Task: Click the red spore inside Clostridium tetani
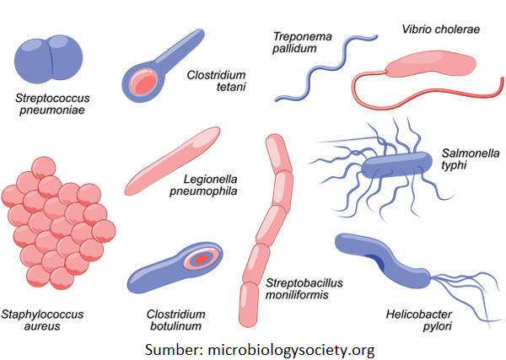(145, 82)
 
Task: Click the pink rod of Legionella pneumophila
(172, 160)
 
